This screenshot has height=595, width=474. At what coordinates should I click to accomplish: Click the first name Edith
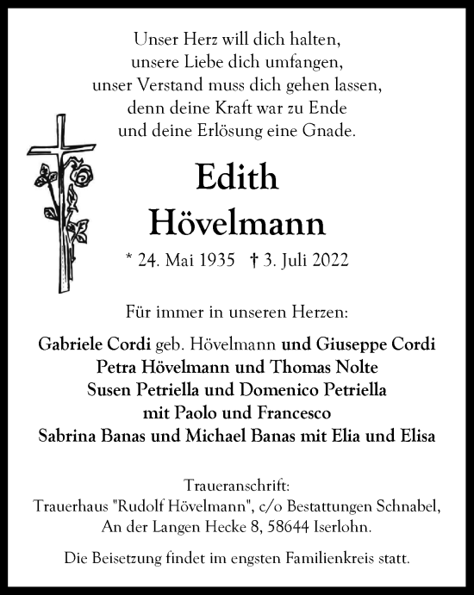(237, 178)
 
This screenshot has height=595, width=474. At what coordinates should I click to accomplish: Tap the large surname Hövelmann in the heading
(237, 222)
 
